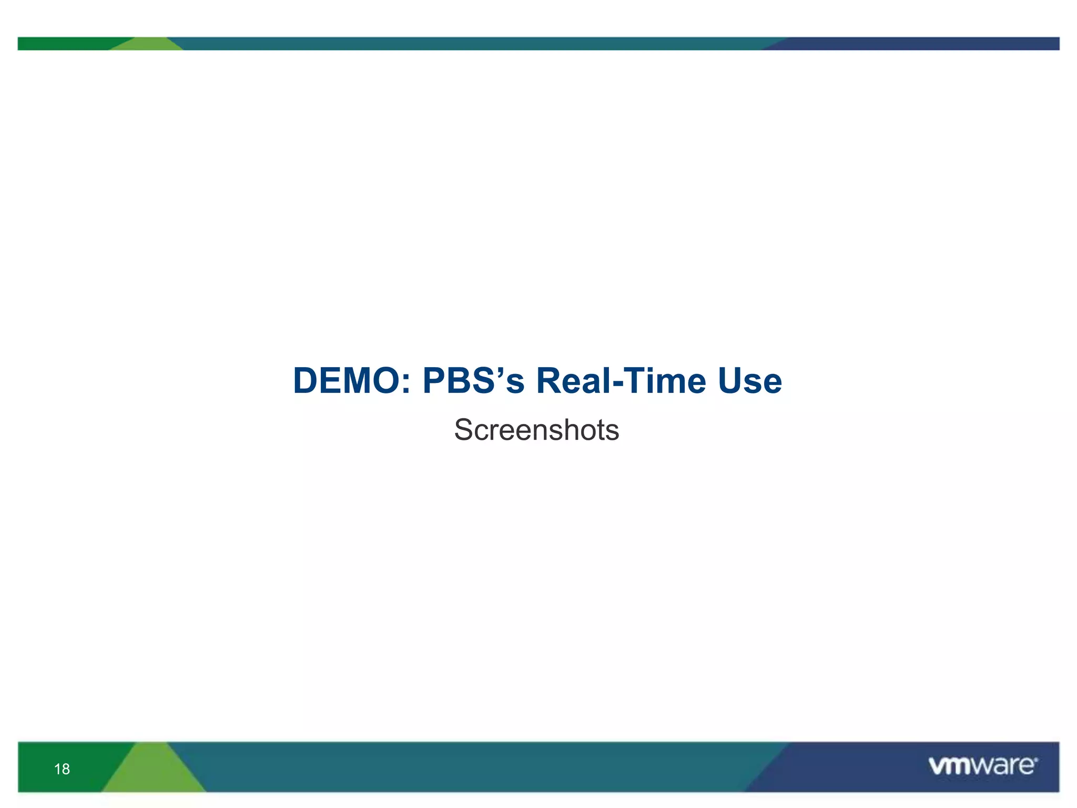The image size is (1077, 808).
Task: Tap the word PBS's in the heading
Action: point(473,381)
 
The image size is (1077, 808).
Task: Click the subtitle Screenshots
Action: point(536,430)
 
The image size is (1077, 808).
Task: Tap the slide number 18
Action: point(62,769)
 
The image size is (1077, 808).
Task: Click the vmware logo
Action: point(982,766)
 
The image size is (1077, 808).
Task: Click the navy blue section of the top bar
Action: point(920,44)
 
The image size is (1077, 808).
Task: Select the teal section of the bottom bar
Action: point(473,767)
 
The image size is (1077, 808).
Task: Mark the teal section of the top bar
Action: point(473,44)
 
